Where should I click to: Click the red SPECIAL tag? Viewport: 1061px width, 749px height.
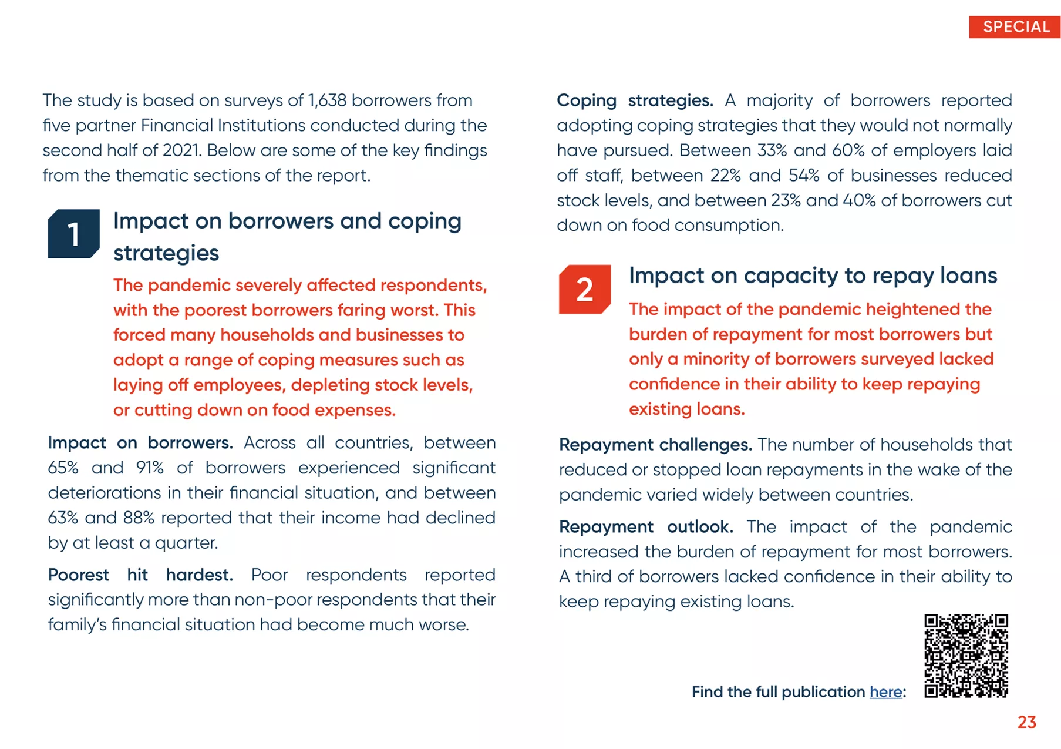(1015, 27)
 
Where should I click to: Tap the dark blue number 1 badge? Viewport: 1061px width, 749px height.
(73, 234)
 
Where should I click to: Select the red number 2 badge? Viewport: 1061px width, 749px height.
(584, 289)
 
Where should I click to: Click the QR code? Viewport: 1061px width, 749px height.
(966, 656)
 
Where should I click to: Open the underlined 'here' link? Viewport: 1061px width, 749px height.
(885, 692)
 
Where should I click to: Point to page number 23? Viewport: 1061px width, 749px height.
(1026, 722)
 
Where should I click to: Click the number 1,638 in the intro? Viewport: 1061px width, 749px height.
(327, 100)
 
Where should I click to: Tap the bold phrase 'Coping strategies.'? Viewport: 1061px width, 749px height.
(634, 100)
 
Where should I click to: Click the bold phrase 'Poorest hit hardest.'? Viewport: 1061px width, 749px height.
(140, 575)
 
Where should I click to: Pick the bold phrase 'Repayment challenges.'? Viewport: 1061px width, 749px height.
(655, 445)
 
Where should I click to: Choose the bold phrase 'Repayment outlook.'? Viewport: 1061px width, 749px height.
(645, 527)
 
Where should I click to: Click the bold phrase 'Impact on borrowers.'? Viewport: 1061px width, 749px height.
(140, 443)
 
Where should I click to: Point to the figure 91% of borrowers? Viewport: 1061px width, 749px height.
(150, 468)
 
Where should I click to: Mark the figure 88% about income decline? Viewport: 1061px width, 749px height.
(139, 518)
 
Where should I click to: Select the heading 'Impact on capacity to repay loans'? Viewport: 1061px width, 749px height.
(813, 276)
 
